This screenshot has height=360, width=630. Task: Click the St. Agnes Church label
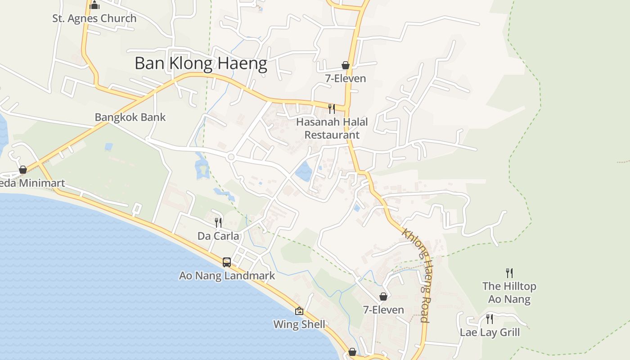coord(94,18)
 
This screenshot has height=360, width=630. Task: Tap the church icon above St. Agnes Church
coord(94,5)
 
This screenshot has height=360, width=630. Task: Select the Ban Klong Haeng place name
coord(201,63)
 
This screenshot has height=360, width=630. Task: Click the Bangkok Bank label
coord(130,117)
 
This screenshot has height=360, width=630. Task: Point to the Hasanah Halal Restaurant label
coord(332,128)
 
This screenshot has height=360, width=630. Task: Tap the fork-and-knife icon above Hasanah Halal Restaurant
coord(332,108)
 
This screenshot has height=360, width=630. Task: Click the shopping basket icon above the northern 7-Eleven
coord(346,65)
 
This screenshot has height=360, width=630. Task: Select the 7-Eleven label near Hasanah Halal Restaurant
coord(346,79)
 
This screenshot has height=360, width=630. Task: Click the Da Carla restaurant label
coord(218,236)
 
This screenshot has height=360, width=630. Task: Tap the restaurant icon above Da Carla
coord(218,222)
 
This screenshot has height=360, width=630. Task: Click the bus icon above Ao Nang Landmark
coord(227,262)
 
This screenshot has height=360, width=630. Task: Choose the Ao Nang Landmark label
coord(227,275)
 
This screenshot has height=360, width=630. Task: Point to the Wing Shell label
coord(299,324)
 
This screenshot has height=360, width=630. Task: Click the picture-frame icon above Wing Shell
coord(299,311)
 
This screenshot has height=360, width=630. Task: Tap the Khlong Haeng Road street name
coord(418,275)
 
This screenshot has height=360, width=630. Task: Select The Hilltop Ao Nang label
coord(509,292)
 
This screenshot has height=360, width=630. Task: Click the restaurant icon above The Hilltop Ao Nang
coord(509,273)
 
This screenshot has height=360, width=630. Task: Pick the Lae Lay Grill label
coord(490,333)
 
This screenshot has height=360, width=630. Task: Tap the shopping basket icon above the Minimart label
coord(22,170)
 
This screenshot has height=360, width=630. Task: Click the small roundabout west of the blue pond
coord(231,157)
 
